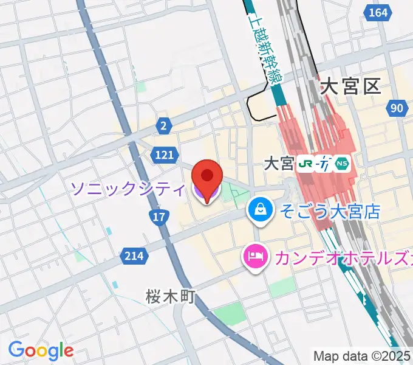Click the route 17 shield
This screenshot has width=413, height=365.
[x=159, y=217]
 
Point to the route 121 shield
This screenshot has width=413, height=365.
[x=165, y=156]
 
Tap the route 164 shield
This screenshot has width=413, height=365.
[x=378, y=12]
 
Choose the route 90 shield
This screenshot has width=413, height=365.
[x=397, y=108]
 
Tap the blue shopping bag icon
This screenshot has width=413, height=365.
[x=260, y=210]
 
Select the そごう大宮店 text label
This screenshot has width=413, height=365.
[x=329, y=211]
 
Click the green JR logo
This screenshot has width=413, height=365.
[x=305, y=164]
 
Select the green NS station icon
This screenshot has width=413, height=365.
[x=343, y=164]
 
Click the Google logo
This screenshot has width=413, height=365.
[x=41, y=350]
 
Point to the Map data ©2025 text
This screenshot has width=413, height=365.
[x=362, y=356]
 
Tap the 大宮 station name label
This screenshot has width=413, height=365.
[x=279, y=164]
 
